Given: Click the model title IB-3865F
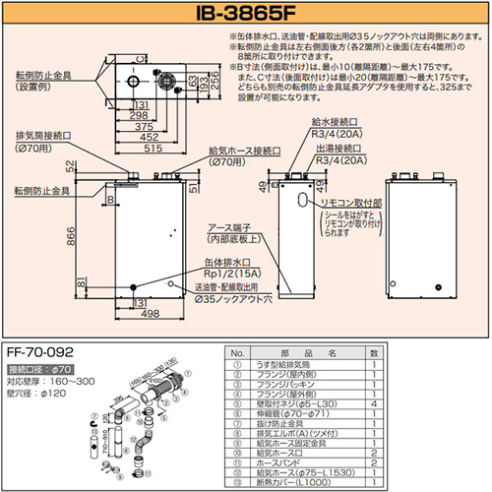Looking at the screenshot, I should pos(245,13).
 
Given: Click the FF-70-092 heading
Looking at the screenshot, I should pos(40,349).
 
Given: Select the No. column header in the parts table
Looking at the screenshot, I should pos(237,352).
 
